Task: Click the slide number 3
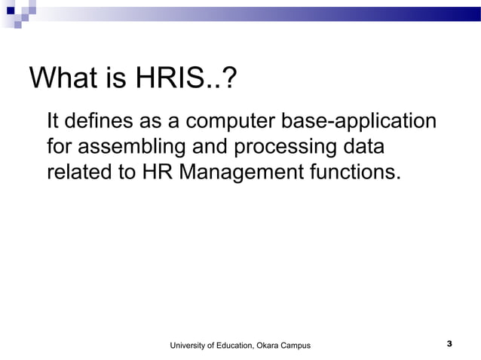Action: click(x=449, y=344)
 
